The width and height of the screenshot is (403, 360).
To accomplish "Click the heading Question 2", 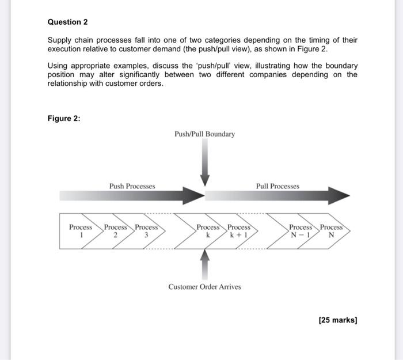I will [67, 22].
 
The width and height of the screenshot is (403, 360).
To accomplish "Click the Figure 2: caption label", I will [64, 118].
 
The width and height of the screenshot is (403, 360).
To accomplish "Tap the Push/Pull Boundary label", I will [204, 134].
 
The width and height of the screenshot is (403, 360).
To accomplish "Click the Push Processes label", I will [132, 186].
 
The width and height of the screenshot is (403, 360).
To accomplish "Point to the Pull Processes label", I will [277, 186].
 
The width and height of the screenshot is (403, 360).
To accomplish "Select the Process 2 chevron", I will [115, 231].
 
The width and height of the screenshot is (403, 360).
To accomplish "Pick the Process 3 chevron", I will [146, 231].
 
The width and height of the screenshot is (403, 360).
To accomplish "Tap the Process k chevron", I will [208, 231].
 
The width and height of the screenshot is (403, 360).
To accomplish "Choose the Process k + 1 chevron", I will [238, 231].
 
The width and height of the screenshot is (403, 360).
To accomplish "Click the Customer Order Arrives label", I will [204, 286].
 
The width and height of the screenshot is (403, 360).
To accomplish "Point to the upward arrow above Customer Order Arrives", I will [205, 266].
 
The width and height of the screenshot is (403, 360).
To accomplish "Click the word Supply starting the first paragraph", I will [60, 40].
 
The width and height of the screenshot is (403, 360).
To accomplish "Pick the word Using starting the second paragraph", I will [58, 66].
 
